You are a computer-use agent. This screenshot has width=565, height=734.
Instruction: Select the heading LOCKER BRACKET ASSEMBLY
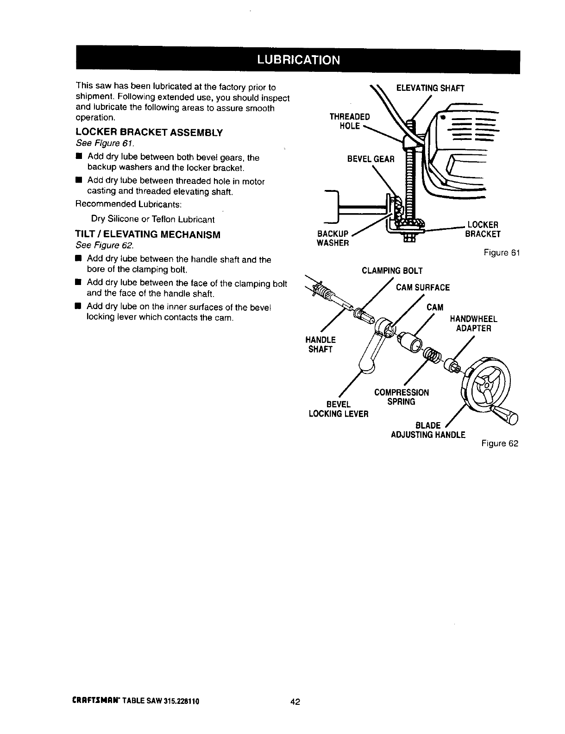coord(149,133)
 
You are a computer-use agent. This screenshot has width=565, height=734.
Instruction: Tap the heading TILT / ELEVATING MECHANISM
coord(148,234)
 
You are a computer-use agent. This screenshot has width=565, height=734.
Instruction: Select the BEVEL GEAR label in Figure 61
coord(370,159)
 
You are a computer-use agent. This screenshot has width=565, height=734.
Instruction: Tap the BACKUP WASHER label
coord(333,238)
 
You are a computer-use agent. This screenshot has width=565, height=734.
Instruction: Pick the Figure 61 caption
coord(502,253)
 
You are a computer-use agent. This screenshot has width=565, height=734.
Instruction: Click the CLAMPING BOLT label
coord(392,271)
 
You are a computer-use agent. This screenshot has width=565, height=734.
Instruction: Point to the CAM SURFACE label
coord(422,288)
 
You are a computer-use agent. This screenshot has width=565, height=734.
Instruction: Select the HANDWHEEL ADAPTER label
coord(473,323)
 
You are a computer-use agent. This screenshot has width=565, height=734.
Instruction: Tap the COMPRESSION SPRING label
coord(401,397)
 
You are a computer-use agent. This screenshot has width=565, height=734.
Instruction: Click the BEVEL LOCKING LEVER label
coord(338,409)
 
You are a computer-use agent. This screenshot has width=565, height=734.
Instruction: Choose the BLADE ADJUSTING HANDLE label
coord(428,430)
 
